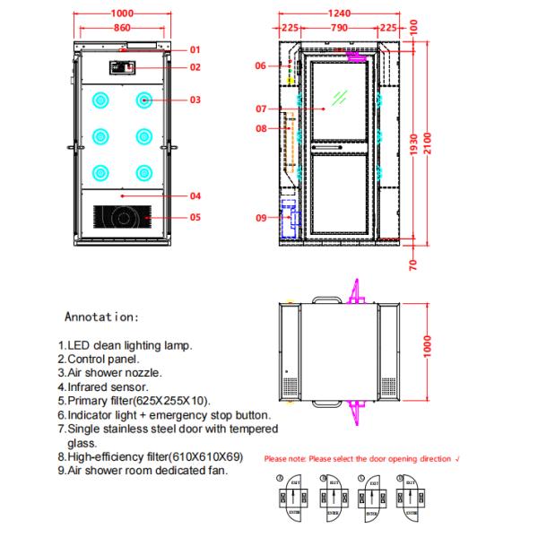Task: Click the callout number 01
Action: pos(195,49)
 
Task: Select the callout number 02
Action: pos(195,67)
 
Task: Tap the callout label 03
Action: pos(195,100)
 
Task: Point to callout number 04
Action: pos(195,195)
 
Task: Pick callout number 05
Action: pos(195,216)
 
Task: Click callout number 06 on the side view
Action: pos(260,65)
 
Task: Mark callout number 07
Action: pos(260,108)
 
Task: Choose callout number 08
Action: pos(260,128)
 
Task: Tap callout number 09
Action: pos(260,217)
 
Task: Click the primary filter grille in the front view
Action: pos(122,217)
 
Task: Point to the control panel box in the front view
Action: pos(121,67)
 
